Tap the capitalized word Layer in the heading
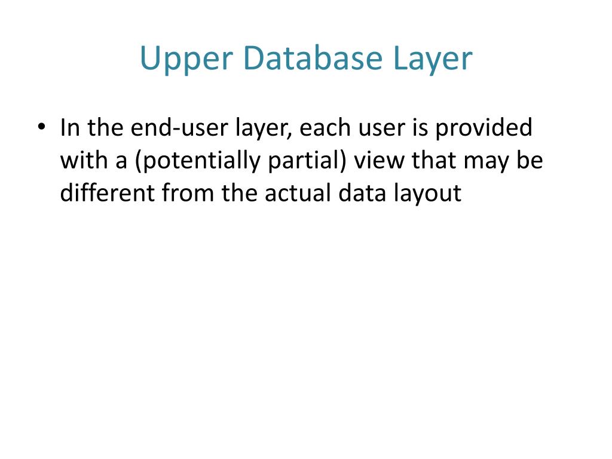[432, 59]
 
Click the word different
[107, 194]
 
